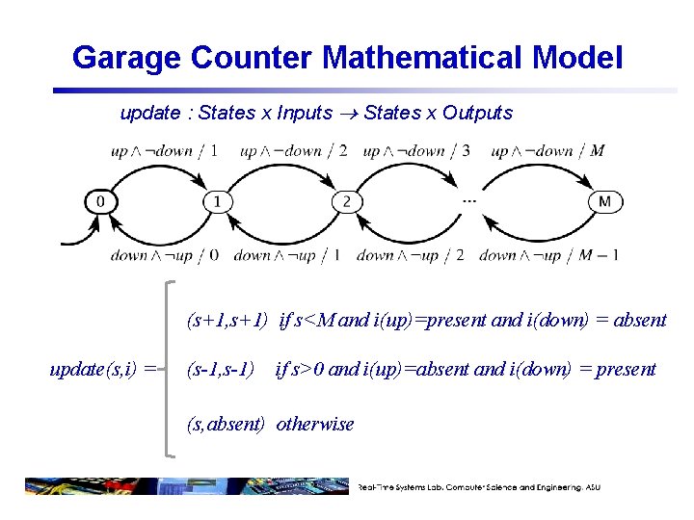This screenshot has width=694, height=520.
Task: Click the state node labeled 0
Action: [100, 202]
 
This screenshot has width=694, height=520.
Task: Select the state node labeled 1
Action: [219, 202]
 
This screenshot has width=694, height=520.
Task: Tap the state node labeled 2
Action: [347, 202]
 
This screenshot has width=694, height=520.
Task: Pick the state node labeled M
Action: [604, 202]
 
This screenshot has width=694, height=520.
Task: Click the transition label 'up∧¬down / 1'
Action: [164, 150]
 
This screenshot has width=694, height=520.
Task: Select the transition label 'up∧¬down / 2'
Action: [293, 150]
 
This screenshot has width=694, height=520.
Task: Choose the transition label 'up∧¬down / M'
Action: [547, 150]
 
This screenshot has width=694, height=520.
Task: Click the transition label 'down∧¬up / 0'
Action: [165, 255]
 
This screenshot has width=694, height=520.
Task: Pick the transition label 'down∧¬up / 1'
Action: [286, 255]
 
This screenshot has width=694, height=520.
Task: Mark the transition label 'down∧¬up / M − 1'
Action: [548, 255]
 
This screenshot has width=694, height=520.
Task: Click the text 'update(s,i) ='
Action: [103, 369]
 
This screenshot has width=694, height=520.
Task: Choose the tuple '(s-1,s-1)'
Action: [221, 369]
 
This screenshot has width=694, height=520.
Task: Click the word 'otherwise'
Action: [315, 424]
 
